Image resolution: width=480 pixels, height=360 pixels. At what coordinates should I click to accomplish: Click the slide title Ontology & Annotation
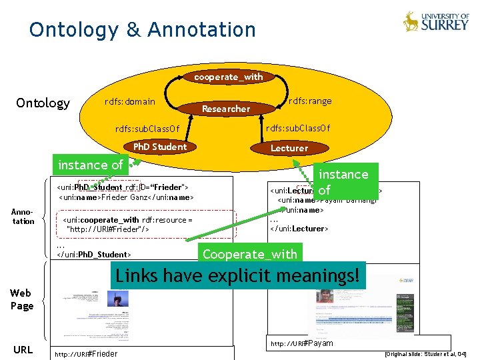[142, 30]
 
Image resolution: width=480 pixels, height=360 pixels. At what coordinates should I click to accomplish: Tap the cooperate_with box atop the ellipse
[229, 77]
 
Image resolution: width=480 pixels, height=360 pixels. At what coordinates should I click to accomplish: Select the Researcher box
[226, 109]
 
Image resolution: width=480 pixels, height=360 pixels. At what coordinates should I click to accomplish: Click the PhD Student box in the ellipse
[160, 147]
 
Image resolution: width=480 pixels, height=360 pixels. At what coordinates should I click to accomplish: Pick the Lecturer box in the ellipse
[289, 148]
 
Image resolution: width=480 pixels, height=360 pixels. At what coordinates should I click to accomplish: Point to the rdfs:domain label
[130, 102]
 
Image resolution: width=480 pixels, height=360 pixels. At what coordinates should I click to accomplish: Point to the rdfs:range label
[309, 101]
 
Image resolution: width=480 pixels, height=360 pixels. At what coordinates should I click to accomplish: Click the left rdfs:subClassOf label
[147, 129]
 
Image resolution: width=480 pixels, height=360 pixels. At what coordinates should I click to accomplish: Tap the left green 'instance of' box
[91, 165]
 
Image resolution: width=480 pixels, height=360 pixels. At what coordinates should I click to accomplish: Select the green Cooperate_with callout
[249, 254]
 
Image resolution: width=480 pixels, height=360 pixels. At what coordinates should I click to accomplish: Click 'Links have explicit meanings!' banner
[239, 275]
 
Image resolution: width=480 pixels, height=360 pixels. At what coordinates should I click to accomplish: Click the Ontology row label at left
[43, 103]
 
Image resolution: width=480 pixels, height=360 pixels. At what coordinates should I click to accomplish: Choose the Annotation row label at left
[23, 217]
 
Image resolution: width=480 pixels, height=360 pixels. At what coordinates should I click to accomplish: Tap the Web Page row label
[21, 299]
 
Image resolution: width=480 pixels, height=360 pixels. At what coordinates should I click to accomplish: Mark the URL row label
[23, 349]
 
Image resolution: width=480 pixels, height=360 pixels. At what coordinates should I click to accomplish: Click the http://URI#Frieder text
[86, 354]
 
